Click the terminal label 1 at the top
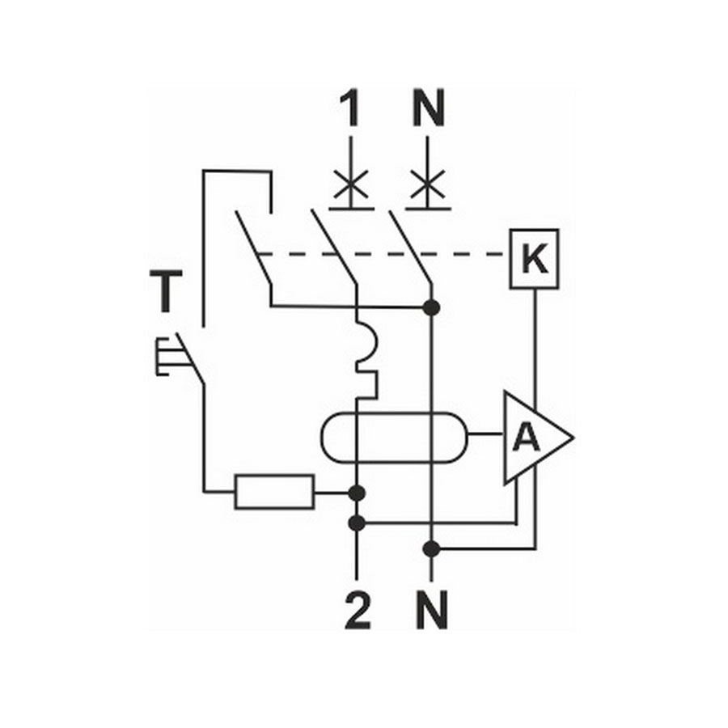350,108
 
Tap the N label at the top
429,108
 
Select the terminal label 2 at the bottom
358,610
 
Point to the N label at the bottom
432,610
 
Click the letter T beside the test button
166,291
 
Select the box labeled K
534,259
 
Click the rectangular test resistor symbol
274,492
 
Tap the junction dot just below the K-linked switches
432,307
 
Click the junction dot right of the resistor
357,493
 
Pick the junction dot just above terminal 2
357,523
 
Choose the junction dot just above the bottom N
432,549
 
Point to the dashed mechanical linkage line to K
382,255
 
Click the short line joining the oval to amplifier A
485,434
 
